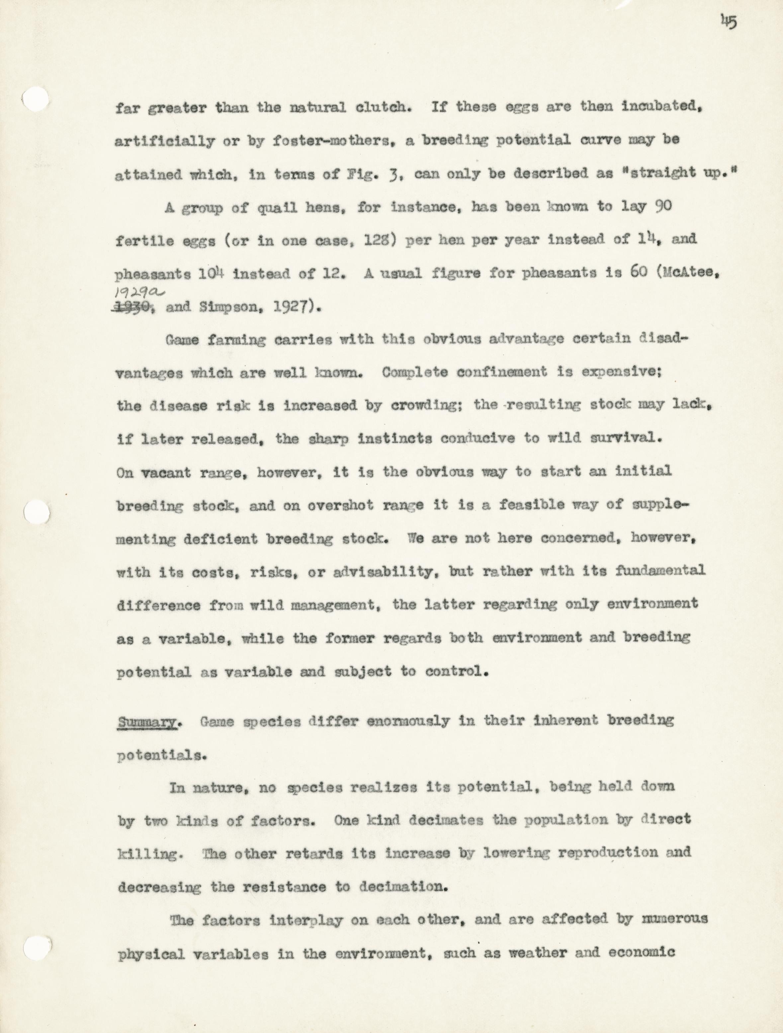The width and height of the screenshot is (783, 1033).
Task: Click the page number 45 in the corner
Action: pyautogui.click(x=729, y=22)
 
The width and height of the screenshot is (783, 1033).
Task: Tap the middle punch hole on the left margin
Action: pyautogui.click(x=37, y=514)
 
